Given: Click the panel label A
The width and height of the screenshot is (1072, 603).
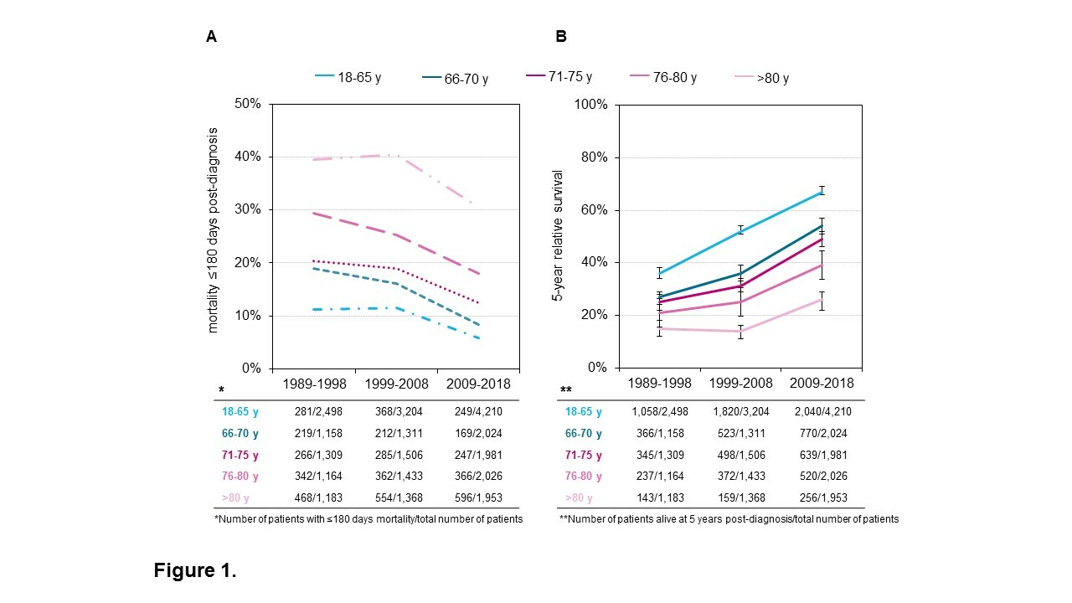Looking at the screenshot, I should pyautogui.click(x=211, y=36).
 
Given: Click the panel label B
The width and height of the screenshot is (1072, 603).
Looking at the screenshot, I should pyautogui.click(x=561, y=36).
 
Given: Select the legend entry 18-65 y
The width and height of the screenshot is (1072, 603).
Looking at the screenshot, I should pyautogui.click(x=348, y=77).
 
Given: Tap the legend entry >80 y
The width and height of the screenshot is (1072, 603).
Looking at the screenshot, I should pyautogui.click(x=761, y=78).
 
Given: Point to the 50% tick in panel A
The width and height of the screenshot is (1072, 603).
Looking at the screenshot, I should pyautogui.click(x=249, y=104).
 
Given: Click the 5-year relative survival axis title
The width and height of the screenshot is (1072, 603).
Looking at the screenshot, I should pyautogui.click(x=557, y=235).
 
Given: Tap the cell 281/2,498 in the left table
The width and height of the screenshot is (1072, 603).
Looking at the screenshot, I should pyautogui.click(x=315, y=412).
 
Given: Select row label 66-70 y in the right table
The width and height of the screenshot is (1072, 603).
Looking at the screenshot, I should pyautogui.click(x=577, y=434).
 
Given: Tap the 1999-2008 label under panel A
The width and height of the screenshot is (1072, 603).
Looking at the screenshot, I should pyautogui.click(x=396, y=384).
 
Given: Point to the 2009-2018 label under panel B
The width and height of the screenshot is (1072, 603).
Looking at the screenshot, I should pyautogui.click(x=822, y=384).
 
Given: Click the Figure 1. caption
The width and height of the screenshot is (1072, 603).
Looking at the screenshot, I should pyautogui.click(x=195, y=571).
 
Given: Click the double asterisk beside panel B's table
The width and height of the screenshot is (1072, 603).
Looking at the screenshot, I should pyautogui.click(x=566, y=391).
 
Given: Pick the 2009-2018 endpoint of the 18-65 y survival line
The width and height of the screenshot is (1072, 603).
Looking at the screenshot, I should pyautogui.click(x=822, y=191).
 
